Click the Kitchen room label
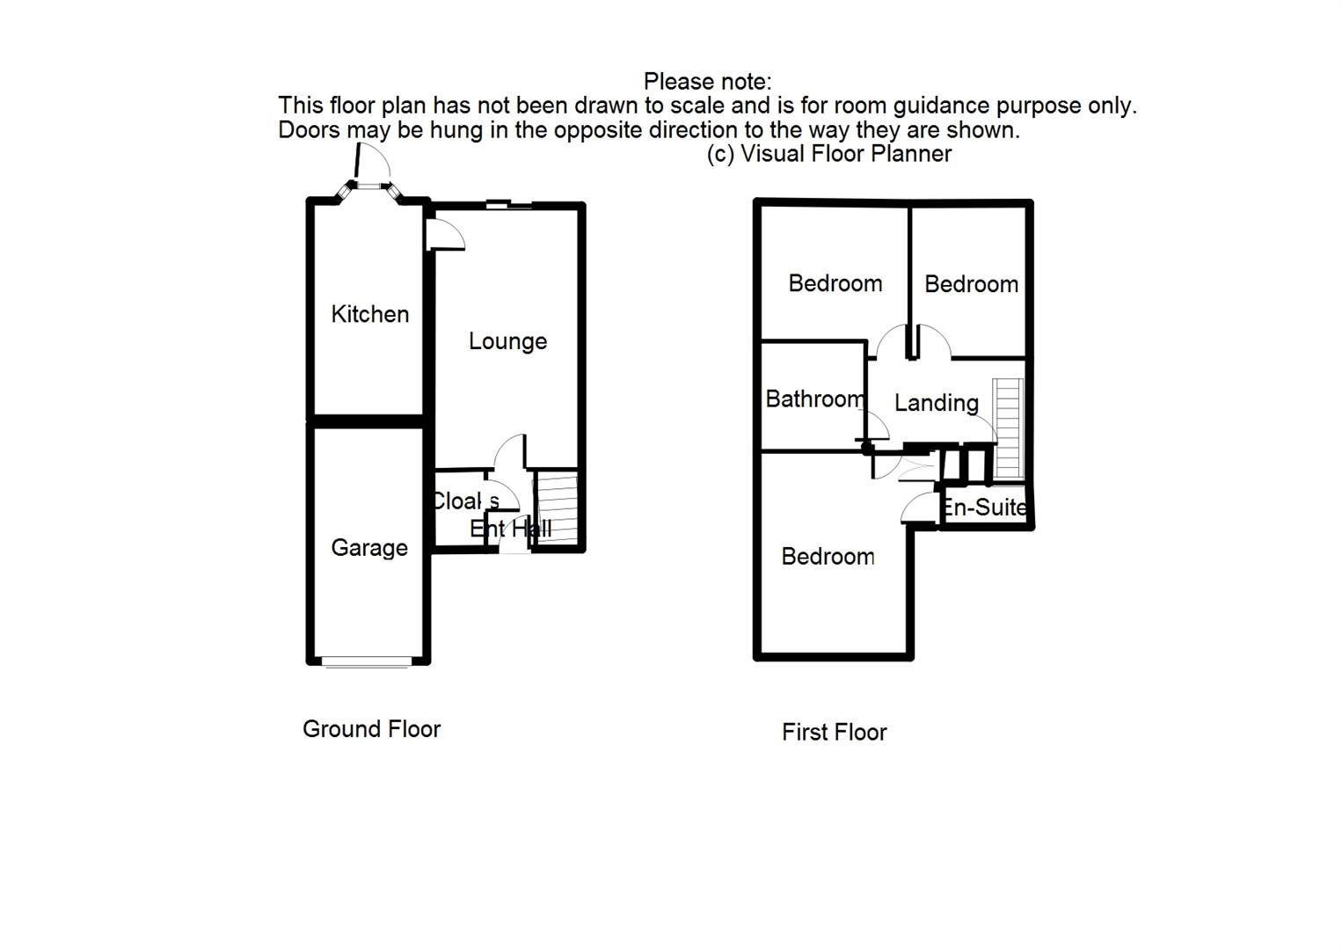(369, 314)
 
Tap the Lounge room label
(507, 341)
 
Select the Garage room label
(369, 548)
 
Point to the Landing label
(936, 403)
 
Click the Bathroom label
(814, 399)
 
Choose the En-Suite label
(984, 508)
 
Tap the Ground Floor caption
(371, 729)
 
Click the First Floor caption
(834, 732)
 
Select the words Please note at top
(707, 82)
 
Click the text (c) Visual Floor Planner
(828, 154)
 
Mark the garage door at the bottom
(367, 661)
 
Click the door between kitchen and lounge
(445, 235)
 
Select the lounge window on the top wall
(508, 206)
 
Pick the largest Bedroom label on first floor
(828, 557)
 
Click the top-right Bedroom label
(971, 284)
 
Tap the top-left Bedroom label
(835, 283)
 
